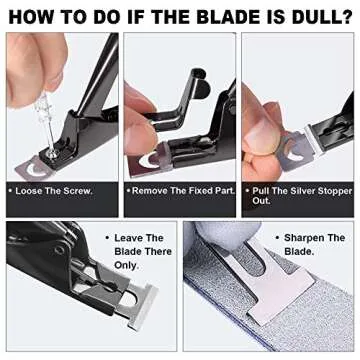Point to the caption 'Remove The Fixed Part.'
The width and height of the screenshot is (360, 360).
click(180, 188)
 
